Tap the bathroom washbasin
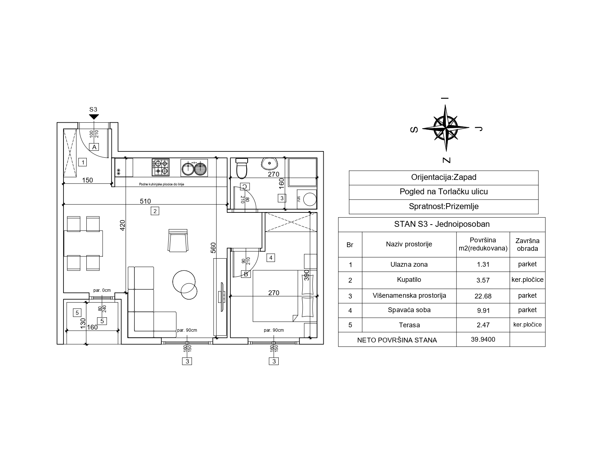tap(269, 163)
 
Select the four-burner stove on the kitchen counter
tap(161, 167)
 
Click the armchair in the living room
tap(178, 240)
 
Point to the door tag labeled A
tap(94, 147)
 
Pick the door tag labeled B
tap(246, 274)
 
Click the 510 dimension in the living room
tap(145, 201)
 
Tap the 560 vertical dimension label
tap(213, 248)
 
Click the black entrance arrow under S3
tap(94, 117)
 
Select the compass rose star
tap(445, 128)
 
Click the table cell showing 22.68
tap(483, 296)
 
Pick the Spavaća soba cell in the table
tap(409, 310)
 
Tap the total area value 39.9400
tap(483, 339)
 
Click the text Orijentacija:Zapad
tap(444, 177)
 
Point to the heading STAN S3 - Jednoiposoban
tap(442, 224)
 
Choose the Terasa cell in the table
tap(409, 325)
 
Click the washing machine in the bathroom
tap(307, 199)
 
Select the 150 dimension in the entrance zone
tap(87, 180)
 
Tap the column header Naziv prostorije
tap(409, 244)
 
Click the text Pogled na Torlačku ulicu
tap(444, 192)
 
